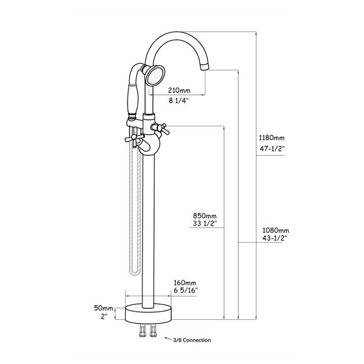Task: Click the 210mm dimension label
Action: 179,90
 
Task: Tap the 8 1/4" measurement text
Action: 179,101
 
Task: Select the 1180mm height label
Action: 272,138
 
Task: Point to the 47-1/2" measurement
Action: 272,149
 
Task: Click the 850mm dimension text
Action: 205,216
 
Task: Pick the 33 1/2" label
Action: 205,223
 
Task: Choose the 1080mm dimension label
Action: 276,231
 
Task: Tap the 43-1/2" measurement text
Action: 275,238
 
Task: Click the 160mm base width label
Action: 185,283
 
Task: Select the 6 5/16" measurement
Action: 186,291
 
